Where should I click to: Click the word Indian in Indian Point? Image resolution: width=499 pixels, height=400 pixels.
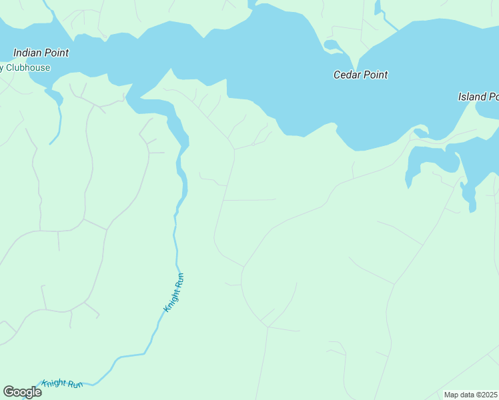(x=29, y=53)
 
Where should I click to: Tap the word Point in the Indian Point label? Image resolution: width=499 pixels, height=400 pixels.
(x=57, y=53)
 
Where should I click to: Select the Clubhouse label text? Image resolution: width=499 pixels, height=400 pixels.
(x=28, y=67)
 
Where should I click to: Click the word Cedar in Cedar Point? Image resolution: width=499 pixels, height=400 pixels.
(x=347, y=75)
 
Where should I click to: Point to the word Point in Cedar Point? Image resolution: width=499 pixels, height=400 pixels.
(x=376, y=75)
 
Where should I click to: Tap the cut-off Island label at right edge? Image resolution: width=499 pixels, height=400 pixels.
(x=478, y=97)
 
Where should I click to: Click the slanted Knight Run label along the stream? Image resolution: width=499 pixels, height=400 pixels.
(x=173, y=293)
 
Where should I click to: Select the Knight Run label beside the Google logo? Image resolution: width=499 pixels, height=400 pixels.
(x=62, y=384)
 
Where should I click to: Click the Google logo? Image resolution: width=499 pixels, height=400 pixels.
(x=22, y=392)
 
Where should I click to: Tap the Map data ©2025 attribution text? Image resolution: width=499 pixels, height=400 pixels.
(x=470, y=395)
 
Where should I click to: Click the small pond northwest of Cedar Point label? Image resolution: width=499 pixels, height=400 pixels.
(x=331, y=45)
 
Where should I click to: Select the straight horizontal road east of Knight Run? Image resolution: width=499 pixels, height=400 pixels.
(x=250, y=199)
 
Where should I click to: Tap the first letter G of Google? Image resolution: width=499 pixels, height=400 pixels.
(x=9, y=392)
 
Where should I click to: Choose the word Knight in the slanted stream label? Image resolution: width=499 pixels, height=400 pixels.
(x=171, y=299)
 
